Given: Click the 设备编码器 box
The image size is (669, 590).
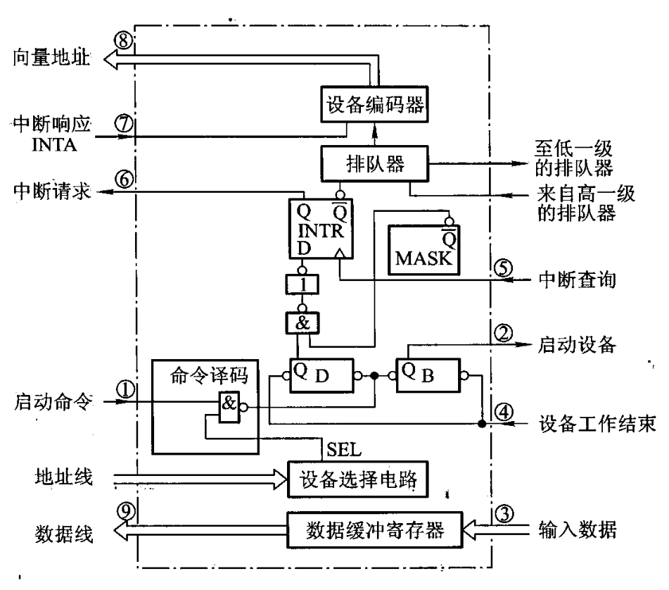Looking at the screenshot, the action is point(374,105).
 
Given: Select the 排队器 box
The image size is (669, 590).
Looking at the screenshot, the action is point(374,163).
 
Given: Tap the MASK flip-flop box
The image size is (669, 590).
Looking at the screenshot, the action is point(423,250).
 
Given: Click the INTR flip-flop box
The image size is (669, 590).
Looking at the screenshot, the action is point(321,229).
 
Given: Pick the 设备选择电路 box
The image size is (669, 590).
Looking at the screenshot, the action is point(357,479).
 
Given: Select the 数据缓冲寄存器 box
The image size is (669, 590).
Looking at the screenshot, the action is point(375,530).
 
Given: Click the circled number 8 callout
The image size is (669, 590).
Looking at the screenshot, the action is point(124,41).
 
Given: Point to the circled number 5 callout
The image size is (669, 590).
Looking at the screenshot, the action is point(504,268).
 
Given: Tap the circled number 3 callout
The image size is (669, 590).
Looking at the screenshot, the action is point(504,513).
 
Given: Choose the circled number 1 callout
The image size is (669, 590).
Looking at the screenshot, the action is point(125,389).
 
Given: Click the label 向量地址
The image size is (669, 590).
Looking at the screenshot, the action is point(51,57).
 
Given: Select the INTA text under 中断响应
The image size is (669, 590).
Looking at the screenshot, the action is point(54,145).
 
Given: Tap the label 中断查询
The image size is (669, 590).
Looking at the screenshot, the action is point(578,280).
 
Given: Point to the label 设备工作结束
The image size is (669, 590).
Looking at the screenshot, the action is point(597,424).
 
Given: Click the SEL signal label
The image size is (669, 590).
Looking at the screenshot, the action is point(344,449).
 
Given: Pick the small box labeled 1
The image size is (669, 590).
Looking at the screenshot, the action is point(302,284).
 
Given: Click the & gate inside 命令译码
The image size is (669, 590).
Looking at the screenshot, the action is point(229,407).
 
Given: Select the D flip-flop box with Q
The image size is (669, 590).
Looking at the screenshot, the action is point(321,375).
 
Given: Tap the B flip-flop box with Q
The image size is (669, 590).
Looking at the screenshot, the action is point(428,375).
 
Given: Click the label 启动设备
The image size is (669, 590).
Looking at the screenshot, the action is point(576,345).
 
